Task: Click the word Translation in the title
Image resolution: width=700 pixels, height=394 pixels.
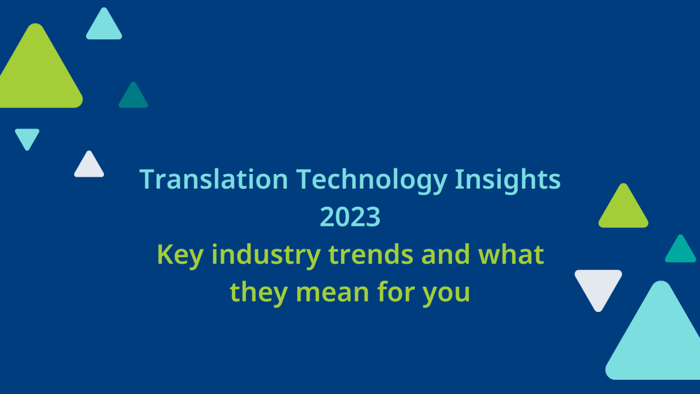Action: pyautogui.click(x=213, y=179)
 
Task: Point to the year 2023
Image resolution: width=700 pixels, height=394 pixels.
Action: pyautogui.click(x=350, y=217)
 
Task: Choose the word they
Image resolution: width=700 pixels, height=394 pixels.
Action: pyautogui.click(x=258, y=292)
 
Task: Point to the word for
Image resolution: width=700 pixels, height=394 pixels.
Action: pyautogui.click(x=396, y=292)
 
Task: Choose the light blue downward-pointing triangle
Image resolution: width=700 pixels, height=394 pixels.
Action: pyautogui.click(x=27, y=137)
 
